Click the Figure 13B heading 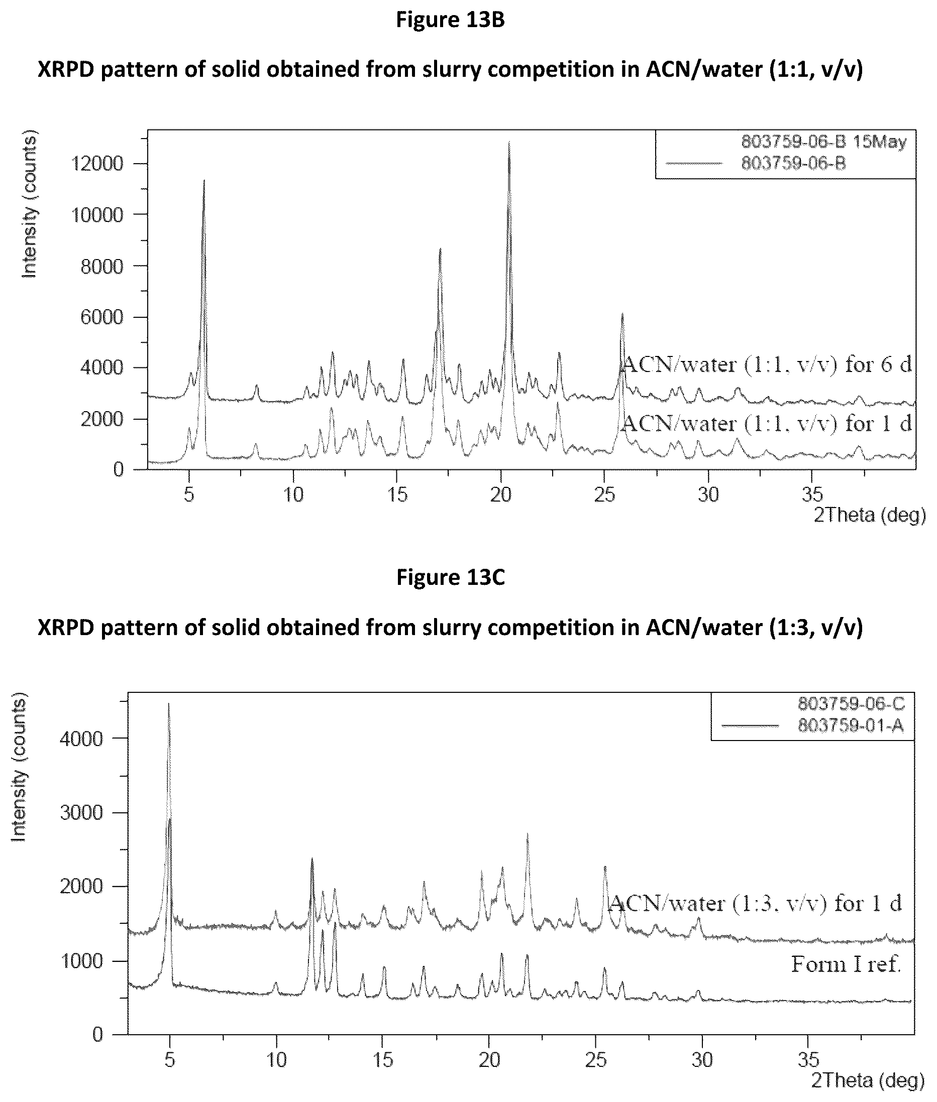(x=451, y=20)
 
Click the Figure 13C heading (x=451, y=577)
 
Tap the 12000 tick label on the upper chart (x=97, y=164)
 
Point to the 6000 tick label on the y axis (x=102, y=317)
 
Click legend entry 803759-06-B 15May (x=824, y=142)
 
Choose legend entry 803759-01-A (x=851, y=725)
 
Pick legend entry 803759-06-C (x=851, y=704)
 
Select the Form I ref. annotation (x=846, y=964)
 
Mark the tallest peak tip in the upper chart (x=509, y=142)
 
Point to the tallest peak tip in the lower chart (x=168, y=703)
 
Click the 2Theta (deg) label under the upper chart (x=870, y=515)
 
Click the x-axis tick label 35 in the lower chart (x=808, y=1059)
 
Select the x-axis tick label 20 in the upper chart (x=500, y=495)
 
